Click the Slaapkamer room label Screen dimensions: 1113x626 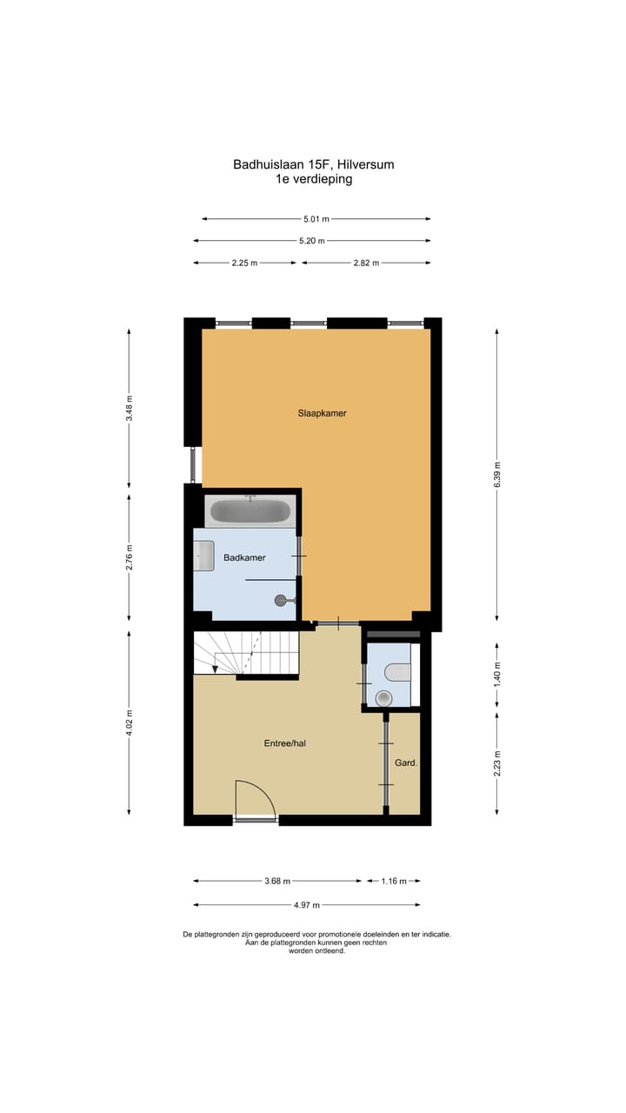[x=322, y=413]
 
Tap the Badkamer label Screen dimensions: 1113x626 [x=244, y=557]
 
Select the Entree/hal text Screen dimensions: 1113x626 [x=285, y=743]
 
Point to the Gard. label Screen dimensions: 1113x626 [x=406, y=763]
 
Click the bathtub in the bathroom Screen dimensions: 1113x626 [x=250, y=511]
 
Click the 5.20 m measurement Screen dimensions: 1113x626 [x=311, y=241]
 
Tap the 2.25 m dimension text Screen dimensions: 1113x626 [x=244, y=263]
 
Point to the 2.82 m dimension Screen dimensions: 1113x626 [x=366, y=263]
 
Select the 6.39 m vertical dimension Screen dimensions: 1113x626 [x=497, y=475]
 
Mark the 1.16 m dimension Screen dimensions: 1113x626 [x=394, y=881]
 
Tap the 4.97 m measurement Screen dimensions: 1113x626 [x=306, y=905]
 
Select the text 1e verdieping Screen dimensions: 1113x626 [x=314, y=179]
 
